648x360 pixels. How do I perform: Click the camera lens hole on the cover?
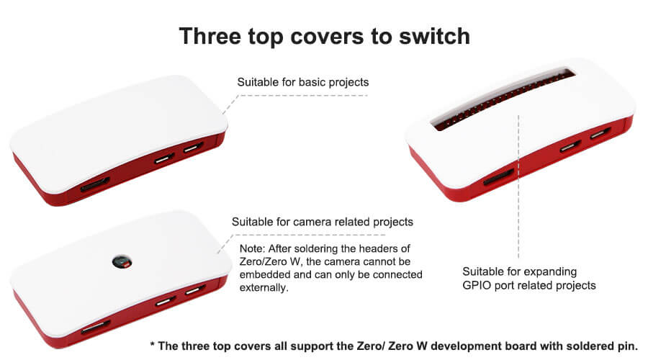pos(122,261)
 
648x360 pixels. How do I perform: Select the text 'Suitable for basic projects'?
pos(303,82)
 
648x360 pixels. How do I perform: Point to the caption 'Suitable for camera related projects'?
pos(323,222)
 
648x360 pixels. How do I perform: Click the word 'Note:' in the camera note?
pos(252,248)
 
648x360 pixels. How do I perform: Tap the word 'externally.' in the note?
pos(264,288)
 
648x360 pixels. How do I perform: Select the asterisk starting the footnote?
pos(153,345)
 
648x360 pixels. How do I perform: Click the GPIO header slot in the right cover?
pos(503,100)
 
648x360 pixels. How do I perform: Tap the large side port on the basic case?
pos(95,184)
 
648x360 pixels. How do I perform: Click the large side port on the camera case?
pos(96,327)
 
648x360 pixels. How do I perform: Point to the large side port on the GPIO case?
pos(499,176)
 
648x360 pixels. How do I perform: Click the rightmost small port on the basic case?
pos(194,147)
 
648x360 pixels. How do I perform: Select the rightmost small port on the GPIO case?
pos(600,133)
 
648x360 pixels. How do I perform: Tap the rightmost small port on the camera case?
pos(195,289)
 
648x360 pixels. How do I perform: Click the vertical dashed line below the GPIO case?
pos(518,186)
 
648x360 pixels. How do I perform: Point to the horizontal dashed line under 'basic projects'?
pos(304,96)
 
